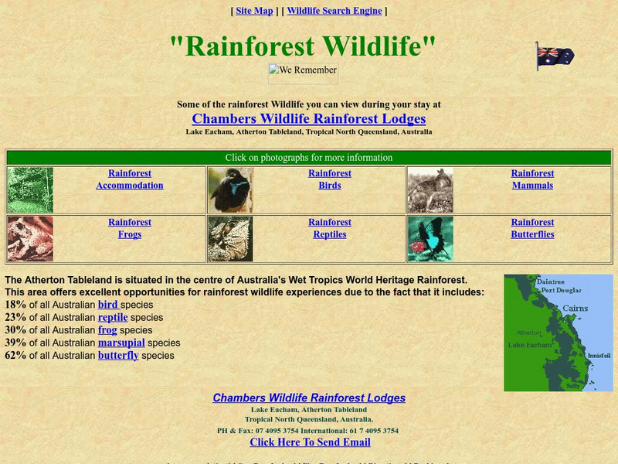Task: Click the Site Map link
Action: click(x=254, y=11)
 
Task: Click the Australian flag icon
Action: click(x=555, y=56)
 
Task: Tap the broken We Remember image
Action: click(x=303, y=73)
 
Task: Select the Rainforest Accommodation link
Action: click(x=130, y=179)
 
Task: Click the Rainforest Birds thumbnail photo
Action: click(x=230, y=190)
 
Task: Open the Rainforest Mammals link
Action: click(x=532, y=179)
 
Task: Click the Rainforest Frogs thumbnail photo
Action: click(x=30, y=239)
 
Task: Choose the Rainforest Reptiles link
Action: click(x=330, y=228)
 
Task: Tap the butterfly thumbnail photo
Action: click(x=430, y=239)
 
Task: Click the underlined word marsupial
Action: click(x=121, y=343)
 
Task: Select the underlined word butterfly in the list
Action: click(x=118, y=356)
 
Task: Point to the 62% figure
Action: click(x=15, y=356)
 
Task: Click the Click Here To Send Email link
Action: click(x=310, y=442)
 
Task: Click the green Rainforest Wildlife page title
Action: click(x=303, y=46)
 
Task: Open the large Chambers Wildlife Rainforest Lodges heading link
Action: click(x=308, y=119)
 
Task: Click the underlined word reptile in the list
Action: click(x=113, y=317)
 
